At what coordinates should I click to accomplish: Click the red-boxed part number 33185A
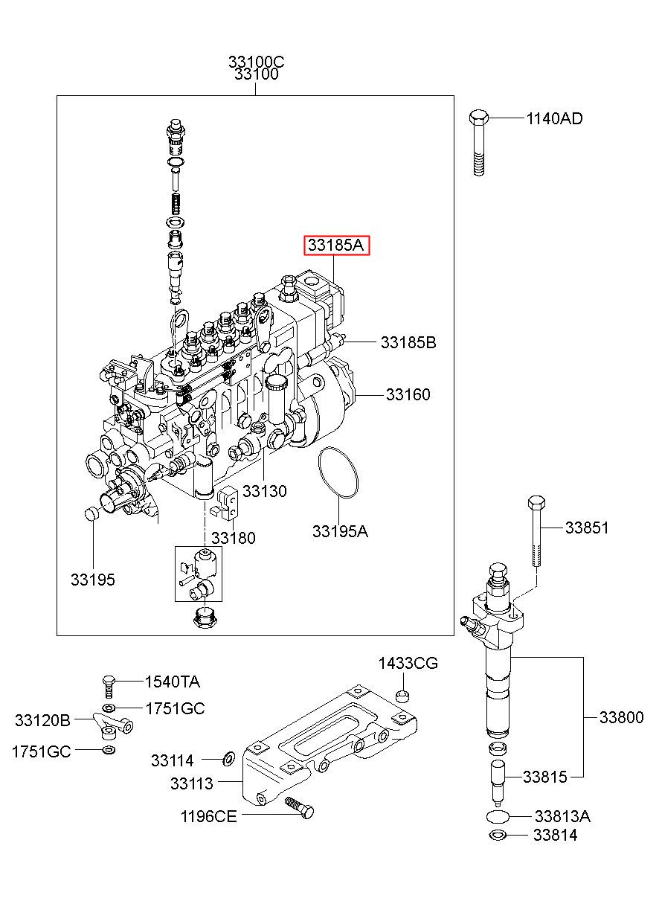[x=335, y=245]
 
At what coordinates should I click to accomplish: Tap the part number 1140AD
[x=554, y=118]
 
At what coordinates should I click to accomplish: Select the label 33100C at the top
[x=256, y=62]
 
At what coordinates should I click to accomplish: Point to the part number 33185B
[x=408, y=342]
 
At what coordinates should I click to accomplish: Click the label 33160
[x=408, y=394]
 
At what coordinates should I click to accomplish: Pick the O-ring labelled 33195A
[x=338, y=472]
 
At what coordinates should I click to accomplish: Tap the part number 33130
[x=264, y=491]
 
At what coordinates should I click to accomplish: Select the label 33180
[x=234, y=538]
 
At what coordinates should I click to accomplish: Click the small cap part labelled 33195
[x=93, y=514]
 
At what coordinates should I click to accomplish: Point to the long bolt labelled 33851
[x=536, y=531]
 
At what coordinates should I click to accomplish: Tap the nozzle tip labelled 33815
[x=498, y=784]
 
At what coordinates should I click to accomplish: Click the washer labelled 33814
[x=498, y=836]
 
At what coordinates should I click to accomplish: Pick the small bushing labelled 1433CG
[x=403, y=695]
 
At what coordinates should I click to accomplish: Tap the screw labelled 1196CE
[x=299, y=807]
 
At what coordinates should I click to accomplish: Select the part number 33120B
[x=42, y=720]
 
